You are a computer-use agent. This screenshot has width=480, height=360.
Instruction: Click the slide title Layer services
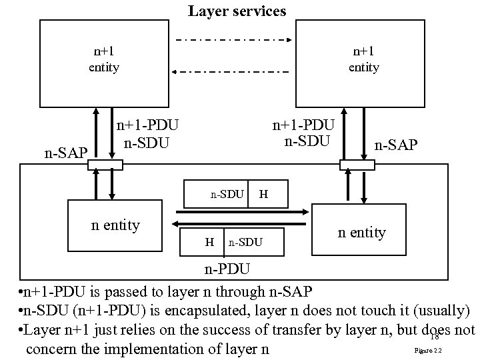click(237, 11)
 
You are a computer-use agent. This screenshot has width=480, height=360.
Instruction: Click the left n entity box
click(116, 225)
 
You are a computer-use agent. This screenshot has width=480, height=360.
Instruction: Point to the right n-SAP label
click(396, 144)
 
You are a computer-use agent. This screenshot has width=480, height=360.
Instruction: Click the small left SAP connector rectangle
click(105, 165)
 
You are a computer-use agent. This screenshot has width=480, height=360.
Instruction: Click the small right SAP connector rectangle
click(357, 165)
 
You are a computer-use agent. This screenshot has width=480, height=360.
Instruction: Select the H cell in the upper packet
click(264, 195)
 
